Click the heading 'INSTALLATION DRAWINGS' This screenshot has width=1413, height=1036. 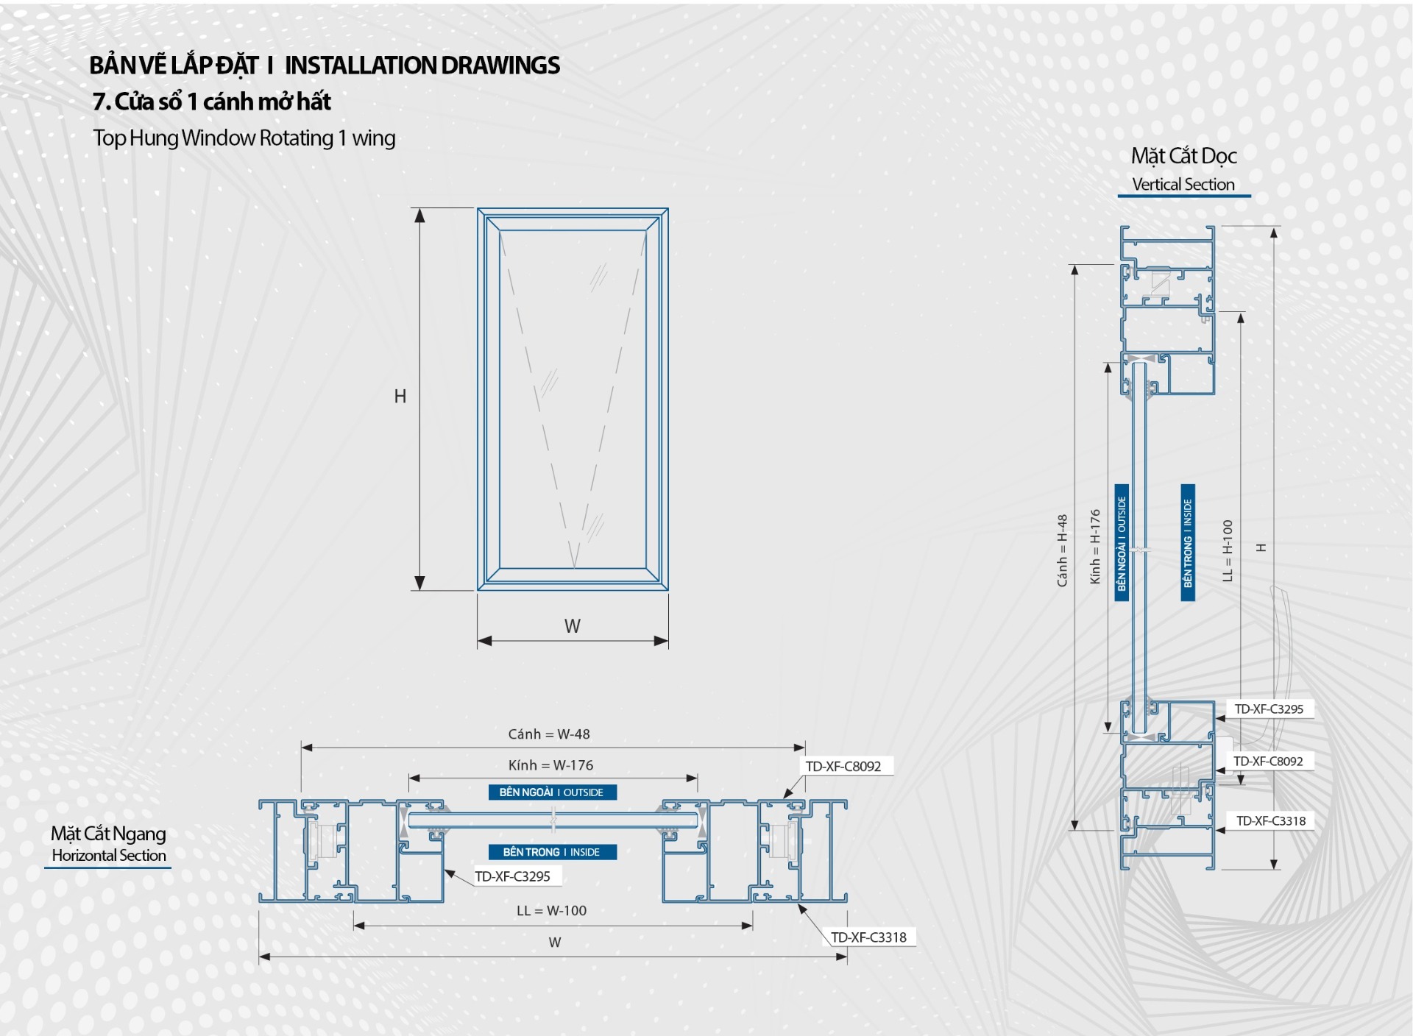422,65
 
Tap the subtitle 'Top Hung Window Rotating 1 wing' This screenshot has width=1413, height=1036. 244,138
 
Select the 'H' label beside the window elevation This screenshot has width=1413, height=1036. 400,397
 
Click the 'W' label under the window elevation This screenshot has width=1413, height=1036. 572,626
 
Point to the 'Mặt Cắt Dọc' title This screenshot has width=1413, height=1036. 1183,156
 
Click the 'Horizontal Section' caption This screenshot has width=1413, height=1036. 109,856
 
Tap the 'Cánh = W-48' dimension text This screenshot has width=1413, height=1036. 548,734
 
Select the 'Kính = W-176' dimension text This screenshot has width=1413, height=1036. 550,765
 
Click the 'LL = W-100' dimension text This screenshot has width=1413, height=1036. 551,911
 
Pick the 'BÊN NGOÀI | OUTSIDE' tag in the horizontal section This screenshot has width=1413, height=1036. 552,792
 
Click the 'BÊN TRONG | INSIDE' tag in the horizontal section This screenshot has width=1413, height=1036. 552,852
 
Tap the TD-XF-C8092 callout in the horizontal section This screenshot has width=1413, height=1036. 843,767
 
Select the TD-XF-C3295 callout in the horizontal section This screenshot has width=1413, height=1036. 512,876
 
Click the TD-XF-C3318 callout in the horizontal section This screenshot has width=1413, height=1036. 868,937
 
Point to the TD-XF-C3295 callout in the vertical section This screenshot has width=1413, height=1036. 1269,709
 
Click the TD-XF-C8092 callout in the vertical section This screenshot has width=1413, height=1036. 1268,762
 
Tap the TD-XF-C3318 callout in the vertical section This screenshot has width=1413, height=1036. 1271,821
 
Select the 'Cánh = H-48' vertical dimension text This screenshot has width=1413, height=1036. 1062,550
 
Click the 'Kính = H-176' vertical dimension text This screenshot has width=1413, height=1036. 1095,547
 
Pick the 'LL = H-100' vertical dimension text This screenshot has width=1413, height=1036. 1227,550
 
